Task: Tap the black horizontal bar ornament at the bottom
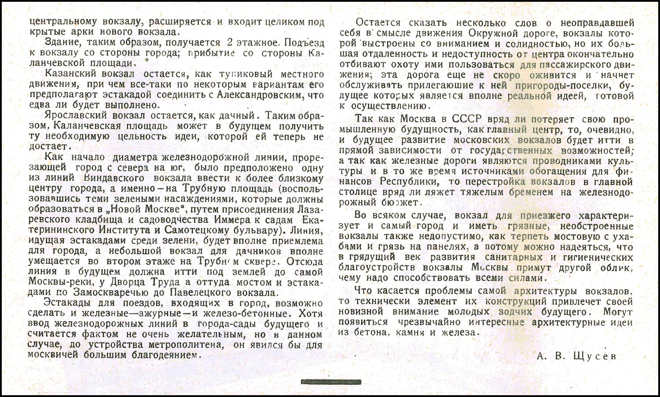(330, 382)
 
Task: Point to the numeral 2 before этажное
(229, 43)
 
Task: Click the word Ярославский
(77, 115)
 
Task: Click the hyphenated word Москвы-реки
(55, 282)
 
